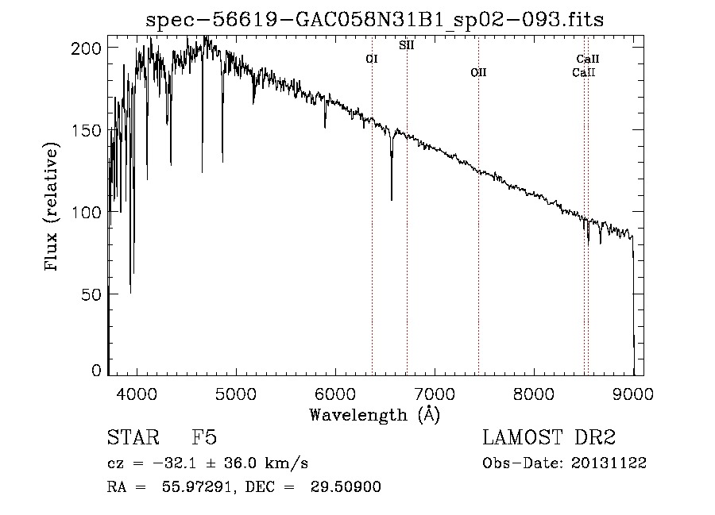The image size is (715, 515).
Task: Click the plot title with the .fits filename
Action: (374, 20)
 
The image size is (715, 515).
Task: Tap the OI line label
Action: (372, 59)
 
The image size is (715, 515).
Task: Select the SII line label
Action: (406, 45)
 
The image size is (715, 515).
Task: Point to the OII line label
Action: (478, 72)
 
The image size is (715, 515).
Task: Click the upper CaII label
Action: (587, 59)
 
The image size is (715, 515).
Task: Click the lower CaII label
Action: (584, 72)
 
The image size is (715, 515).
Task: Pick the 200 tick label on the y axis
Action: (86, 48)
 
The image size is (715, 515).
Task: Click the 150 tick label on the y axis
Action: (86, 130)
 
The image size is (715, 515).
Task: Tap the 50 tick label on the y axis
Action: (91, 294)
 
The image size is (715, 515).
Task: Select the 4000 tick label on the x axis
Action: (137, 394)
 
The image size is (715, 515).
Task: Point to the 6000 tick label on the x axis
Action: (335, 394)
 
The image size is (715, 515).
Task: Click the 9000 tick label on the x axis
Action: (633, 394)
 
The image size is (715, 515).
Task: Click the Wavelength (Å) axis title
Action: (375, 415)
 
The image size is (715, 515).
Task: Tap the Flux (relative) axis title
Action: (51, 206)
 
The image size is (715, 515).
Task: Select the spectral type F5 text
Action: (204, 437)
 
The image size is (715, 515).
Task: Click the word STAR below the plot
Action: (133, 437)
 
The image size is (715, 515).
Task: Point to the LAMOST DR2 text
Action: (549, 437)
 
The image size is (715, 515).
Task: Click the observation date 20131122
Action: (609, 463)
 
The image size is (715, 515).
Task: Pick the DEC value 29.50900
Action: (346, 486)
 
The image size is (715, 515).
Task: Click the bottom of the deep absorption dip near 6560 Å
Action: (391, 200)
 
